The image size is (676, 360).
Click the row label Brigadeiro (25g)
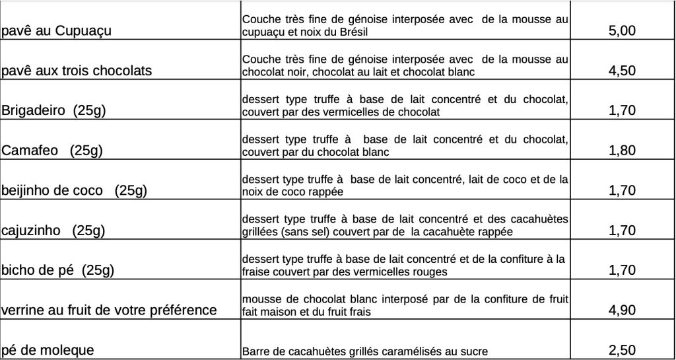tap(54, 111)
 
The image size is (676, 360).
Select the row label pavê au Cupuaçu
tap(56, 31)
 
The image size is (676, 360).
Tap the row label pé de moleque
tap(48, 350)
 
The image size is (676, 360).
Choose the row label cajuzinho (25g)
tap(53, 231)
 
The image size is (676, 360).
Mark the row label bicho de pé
tap(58, 270)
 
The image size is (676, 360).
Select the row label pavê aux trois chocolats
tap(77, 71)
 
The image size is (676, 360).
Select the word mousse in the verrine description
tap(261, 299)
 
